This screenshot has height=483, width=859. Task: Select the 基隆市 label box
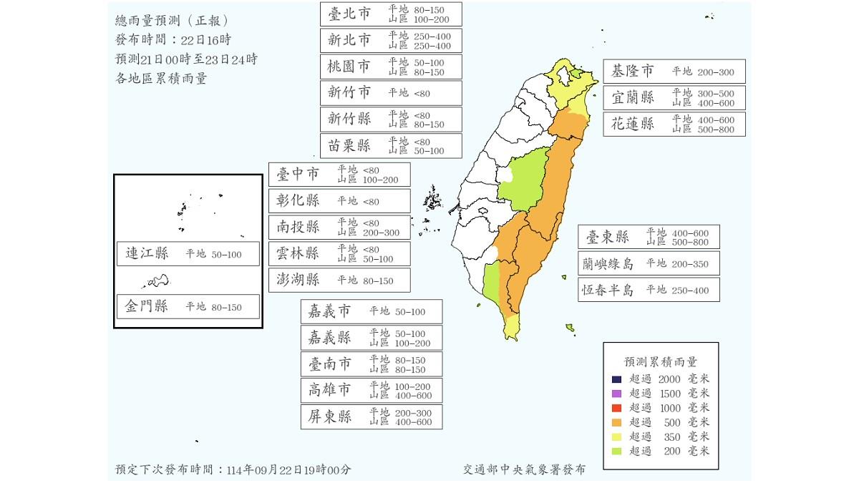632,71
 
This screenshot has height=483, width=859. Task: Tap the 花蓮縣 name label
632,123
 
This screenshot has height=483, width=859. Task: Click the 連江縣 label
146,253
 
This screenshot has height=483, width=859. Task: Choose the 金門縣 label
146,306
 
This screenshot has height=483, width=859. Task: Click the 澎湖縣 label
298,280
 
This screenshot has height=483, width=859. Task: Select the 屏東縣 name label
329,416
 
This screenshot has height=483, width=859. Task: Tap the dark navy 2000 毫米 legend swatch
616,379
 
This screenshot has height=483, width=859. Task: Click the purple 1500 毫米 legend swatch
616,394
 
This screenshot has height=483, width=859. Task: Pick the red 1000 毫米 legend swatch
616,408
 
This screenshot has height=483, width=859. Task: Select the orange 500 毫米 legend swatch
616,422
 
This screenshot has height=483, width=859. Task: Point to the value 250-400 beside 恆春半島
689,290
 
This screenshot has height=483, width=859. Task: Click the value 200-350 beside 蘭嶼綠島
689,263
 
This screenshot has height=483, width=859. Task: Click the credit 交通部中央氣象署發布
523,469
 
